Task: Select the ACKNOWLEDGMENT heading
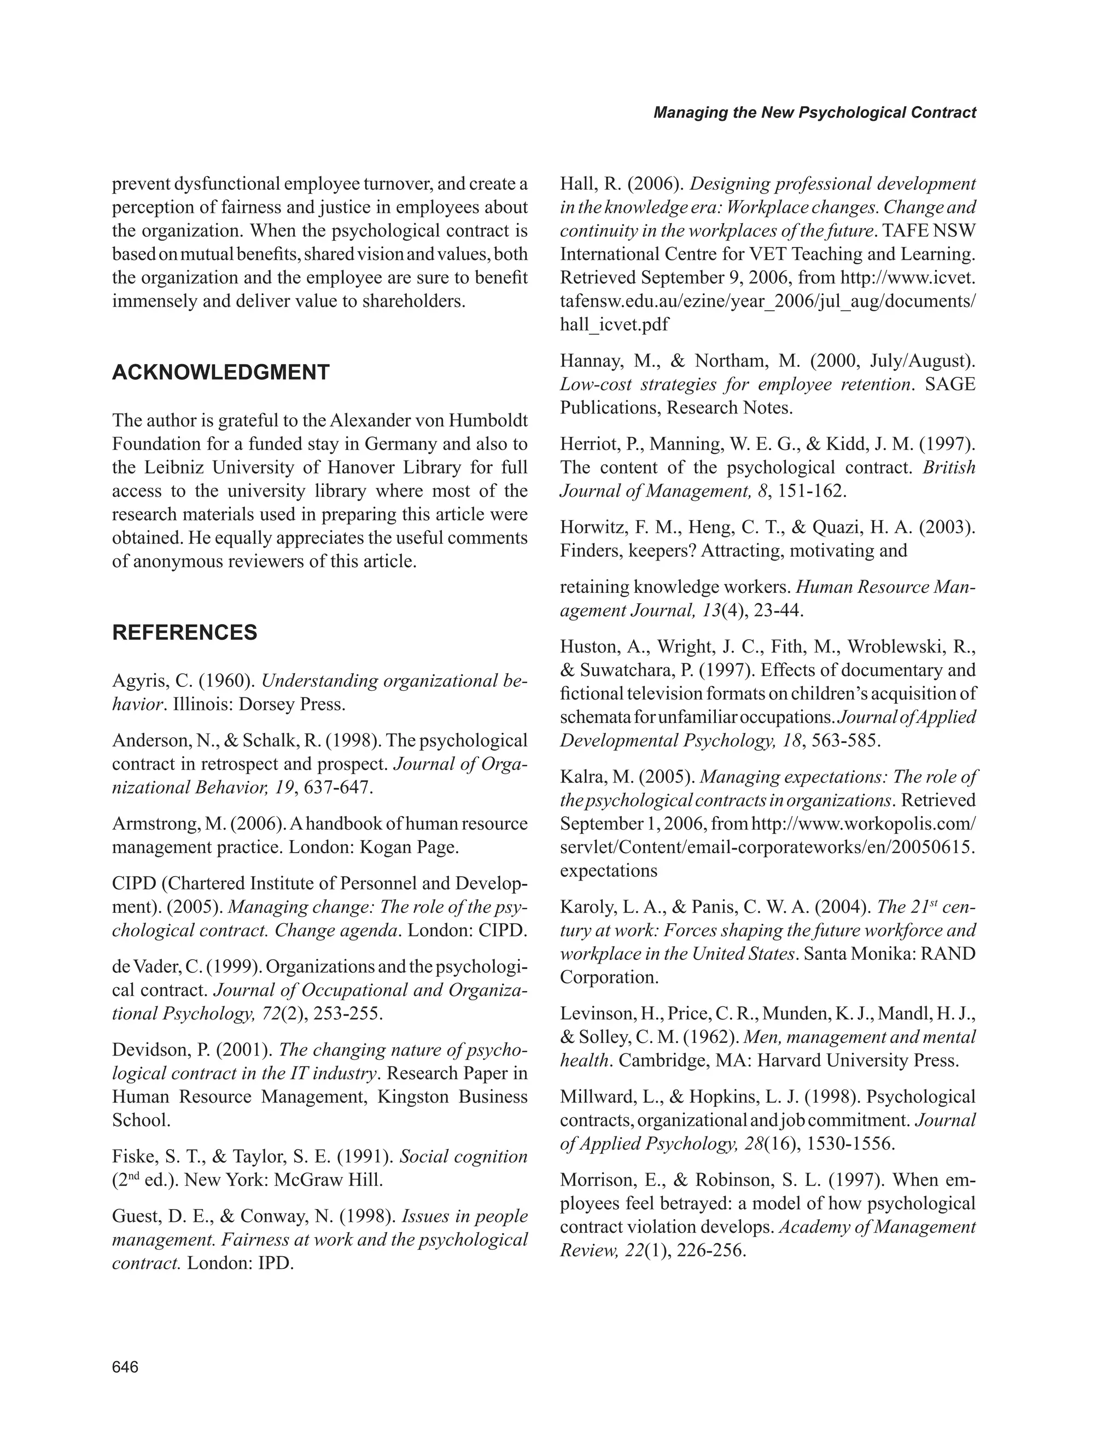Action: coord(220,372)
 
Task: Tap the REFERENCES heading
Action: coord(185,633)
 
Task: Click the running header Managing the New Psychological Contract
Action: coord(814,113)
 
